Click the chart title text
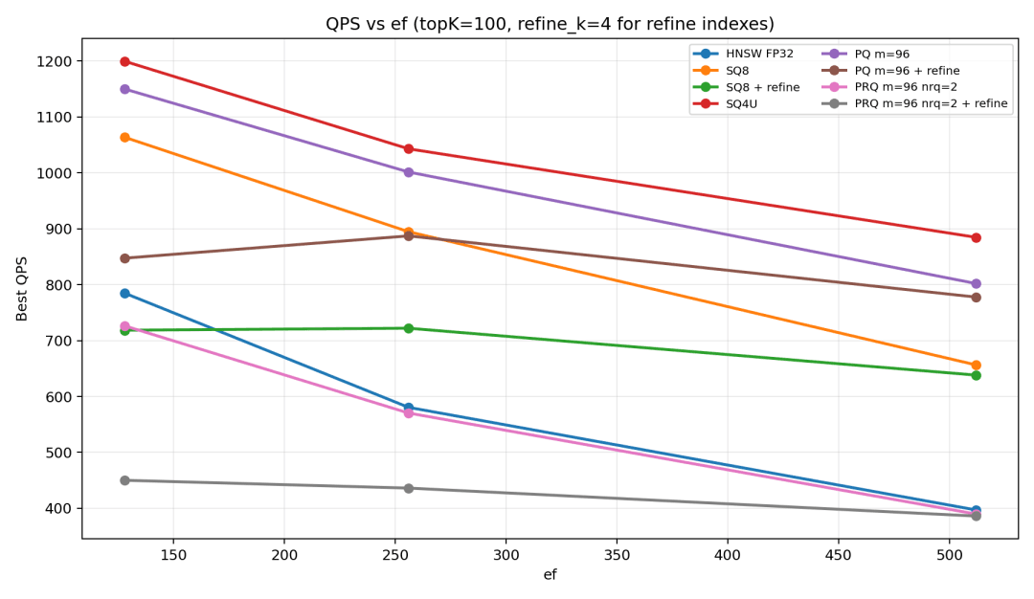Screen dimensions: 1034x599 [x=550, y=24]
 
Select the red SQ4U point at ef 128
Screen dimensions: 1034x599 [x=124, y=61]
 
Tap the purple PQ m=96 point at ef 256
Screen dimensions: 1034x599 [x=408, y=172]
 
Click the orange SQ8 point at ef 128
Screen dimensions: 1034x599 [x=124, y=137]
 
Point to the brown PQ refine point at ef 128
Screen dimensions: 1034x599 [x=124, y=258]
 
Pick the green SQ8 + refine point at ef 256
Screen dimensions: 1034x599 [x=408, y=328]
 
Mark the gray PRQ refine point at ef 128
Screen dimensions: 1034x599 [x=124, y=480]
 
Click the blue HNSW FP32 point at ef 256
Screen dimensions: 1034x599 [x=408, y=408]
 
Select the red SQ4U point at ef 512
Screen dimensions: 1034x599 [x=976, y=238]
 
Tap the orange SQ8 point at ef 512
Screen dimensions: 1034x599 [x=976, y=366]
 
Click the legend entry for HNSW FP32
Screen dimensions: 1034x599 [x=743, y=54]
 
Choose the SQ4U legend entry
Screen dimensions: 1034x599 [x=725, y=104]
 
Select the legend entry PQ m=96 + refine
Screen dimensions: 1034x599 [x=890, y=71]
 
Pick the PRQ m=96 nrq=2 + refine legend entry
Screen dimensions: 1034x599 [x=914, y=103]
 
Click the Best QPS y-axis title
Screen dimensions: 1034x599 [x=22, y=289]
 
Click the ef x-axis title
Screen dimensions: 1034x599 [x=550, y=575]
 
